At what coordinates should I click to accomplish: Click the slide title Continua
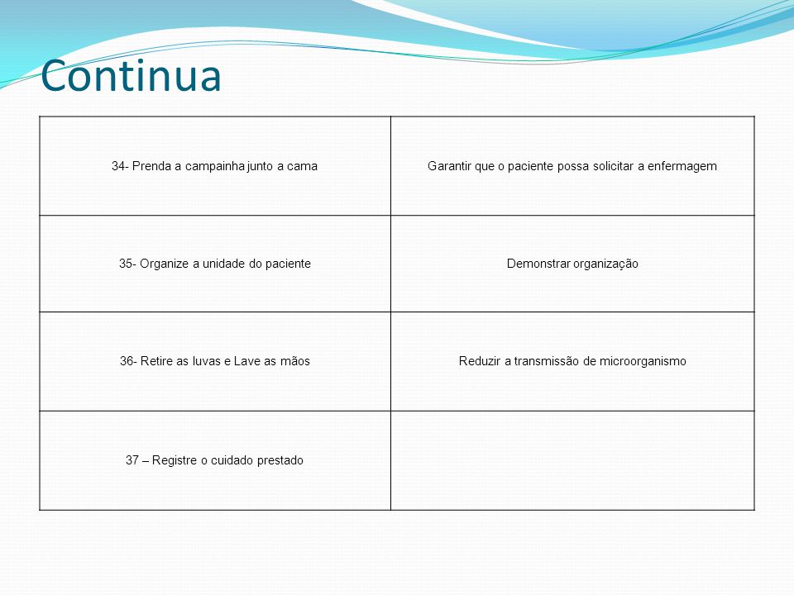(132, 75)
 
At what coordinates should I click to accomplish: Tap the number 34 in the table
(118, 166)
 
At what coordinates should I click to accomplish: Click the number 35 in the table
(126, 264)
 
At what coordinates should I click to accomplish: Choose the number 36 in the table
(127, 361)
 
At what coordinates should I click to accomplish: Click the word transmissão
(547, 361)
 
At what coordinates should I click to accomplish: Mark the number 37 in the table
(132, 460)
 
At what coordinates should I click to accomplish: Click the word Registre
(175, 461)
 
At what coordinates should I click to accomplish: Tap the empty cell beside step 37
(572, 460)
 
